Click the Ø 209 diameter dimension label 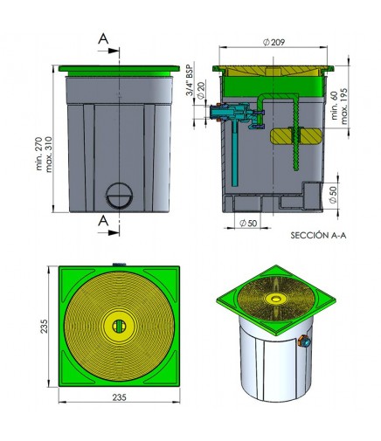click(x=274, y=43)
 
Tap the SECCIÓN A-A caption click(x=318, y=235)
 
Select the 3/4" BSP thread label click(x=190, y=79)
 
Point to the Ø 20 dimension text click(x=201, y=91)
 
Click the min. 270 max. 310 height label click(x=44, y=154)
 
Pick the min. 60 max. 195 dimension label click(x=340, y=107)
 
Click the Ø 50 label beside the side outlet click(x=333, y=195)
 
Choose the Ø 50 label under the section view click(x=248, y=223)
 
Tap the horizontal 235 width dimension click(x=120, y=397)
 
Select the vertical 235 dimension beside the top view click(x=44, y=326)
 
